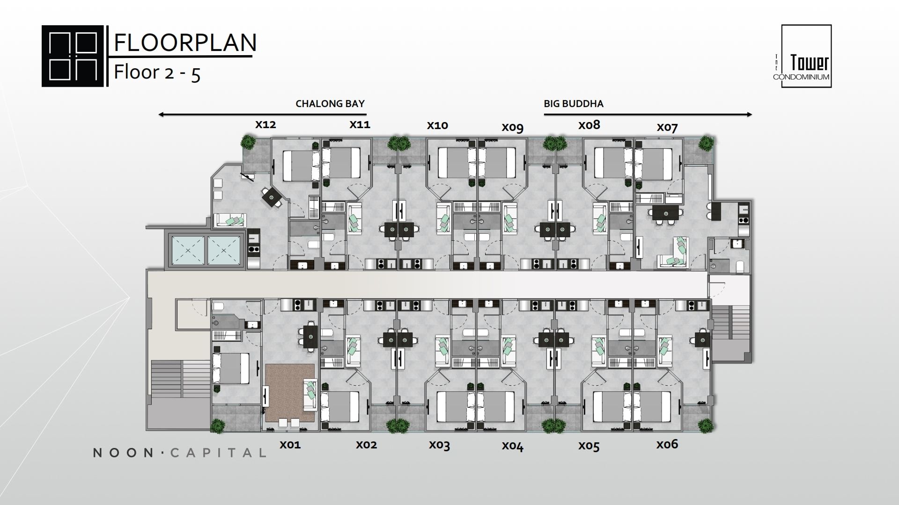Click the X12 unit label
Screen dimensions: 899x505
[x=265, y=125]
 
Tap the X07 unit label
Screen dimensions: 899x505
[x=667, y=127]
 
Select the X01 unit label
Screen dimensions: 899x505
[x=290, y=445]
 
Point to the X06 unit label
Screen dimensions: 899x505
[x=667, y=444]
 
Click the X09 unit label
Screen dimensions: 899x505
[x=513, y=128]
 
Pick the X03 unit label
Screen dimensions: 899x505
[x=439, y=445]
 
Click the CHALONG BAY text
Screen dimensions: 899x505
[x=330, y=104]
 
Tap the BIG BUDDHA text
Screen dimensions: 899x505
[x=574, y=104]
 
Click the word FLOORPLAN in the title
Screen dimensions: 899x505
[x=185, y=43]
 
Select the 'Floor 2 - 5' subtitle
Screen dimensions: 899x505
[x=157, y=73]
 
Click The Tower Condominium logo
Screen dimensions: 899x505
[x=806, y=56]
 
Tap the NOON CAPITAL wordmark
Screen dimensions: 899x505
[x=180, y=453]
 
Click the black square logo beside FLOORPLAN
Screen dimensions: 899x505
[x=73, y=56]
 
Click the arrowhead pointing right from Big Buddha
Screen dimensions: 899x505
[x=749, y=115]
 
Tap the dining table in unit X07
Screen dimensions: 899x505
[x=666, y=213]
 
